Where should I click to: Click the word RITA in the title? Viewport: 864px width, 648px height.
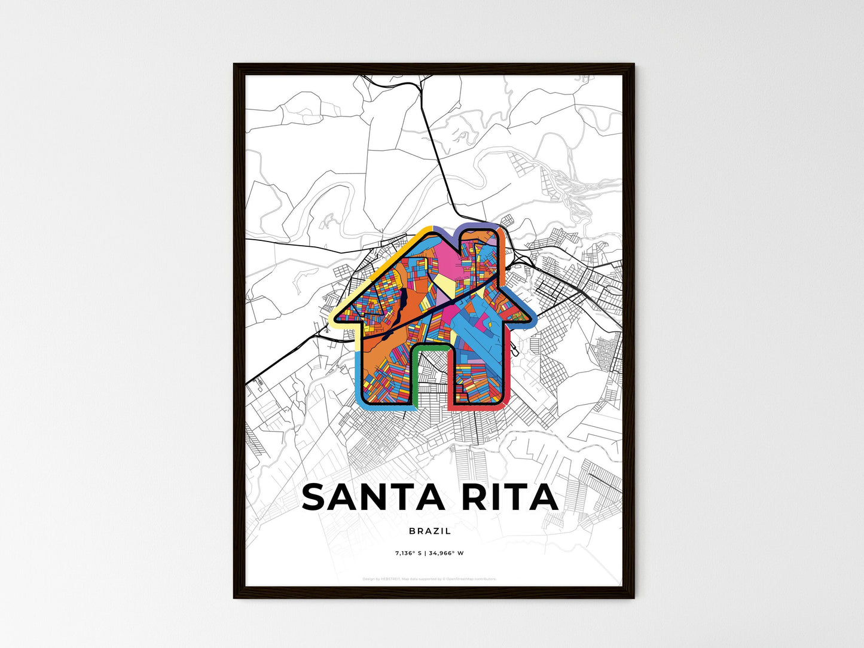tap(509, 497)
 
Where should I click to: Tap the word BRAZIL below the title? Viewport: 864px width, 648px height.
tap(431, 531)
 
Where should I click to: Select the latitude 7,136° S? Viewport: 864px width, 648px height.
tap(408, 553)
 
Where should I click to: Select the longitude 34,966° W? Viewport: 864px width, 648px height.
tap(446, 553)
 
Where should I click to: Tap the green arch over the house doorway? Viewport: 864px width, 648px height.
tap(430, 346)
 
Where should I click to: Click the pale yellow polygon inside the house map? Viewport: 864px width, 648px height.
tap(445, 285)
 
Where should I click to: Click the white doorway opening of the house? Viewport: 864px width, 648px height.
tap(431, 377)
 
